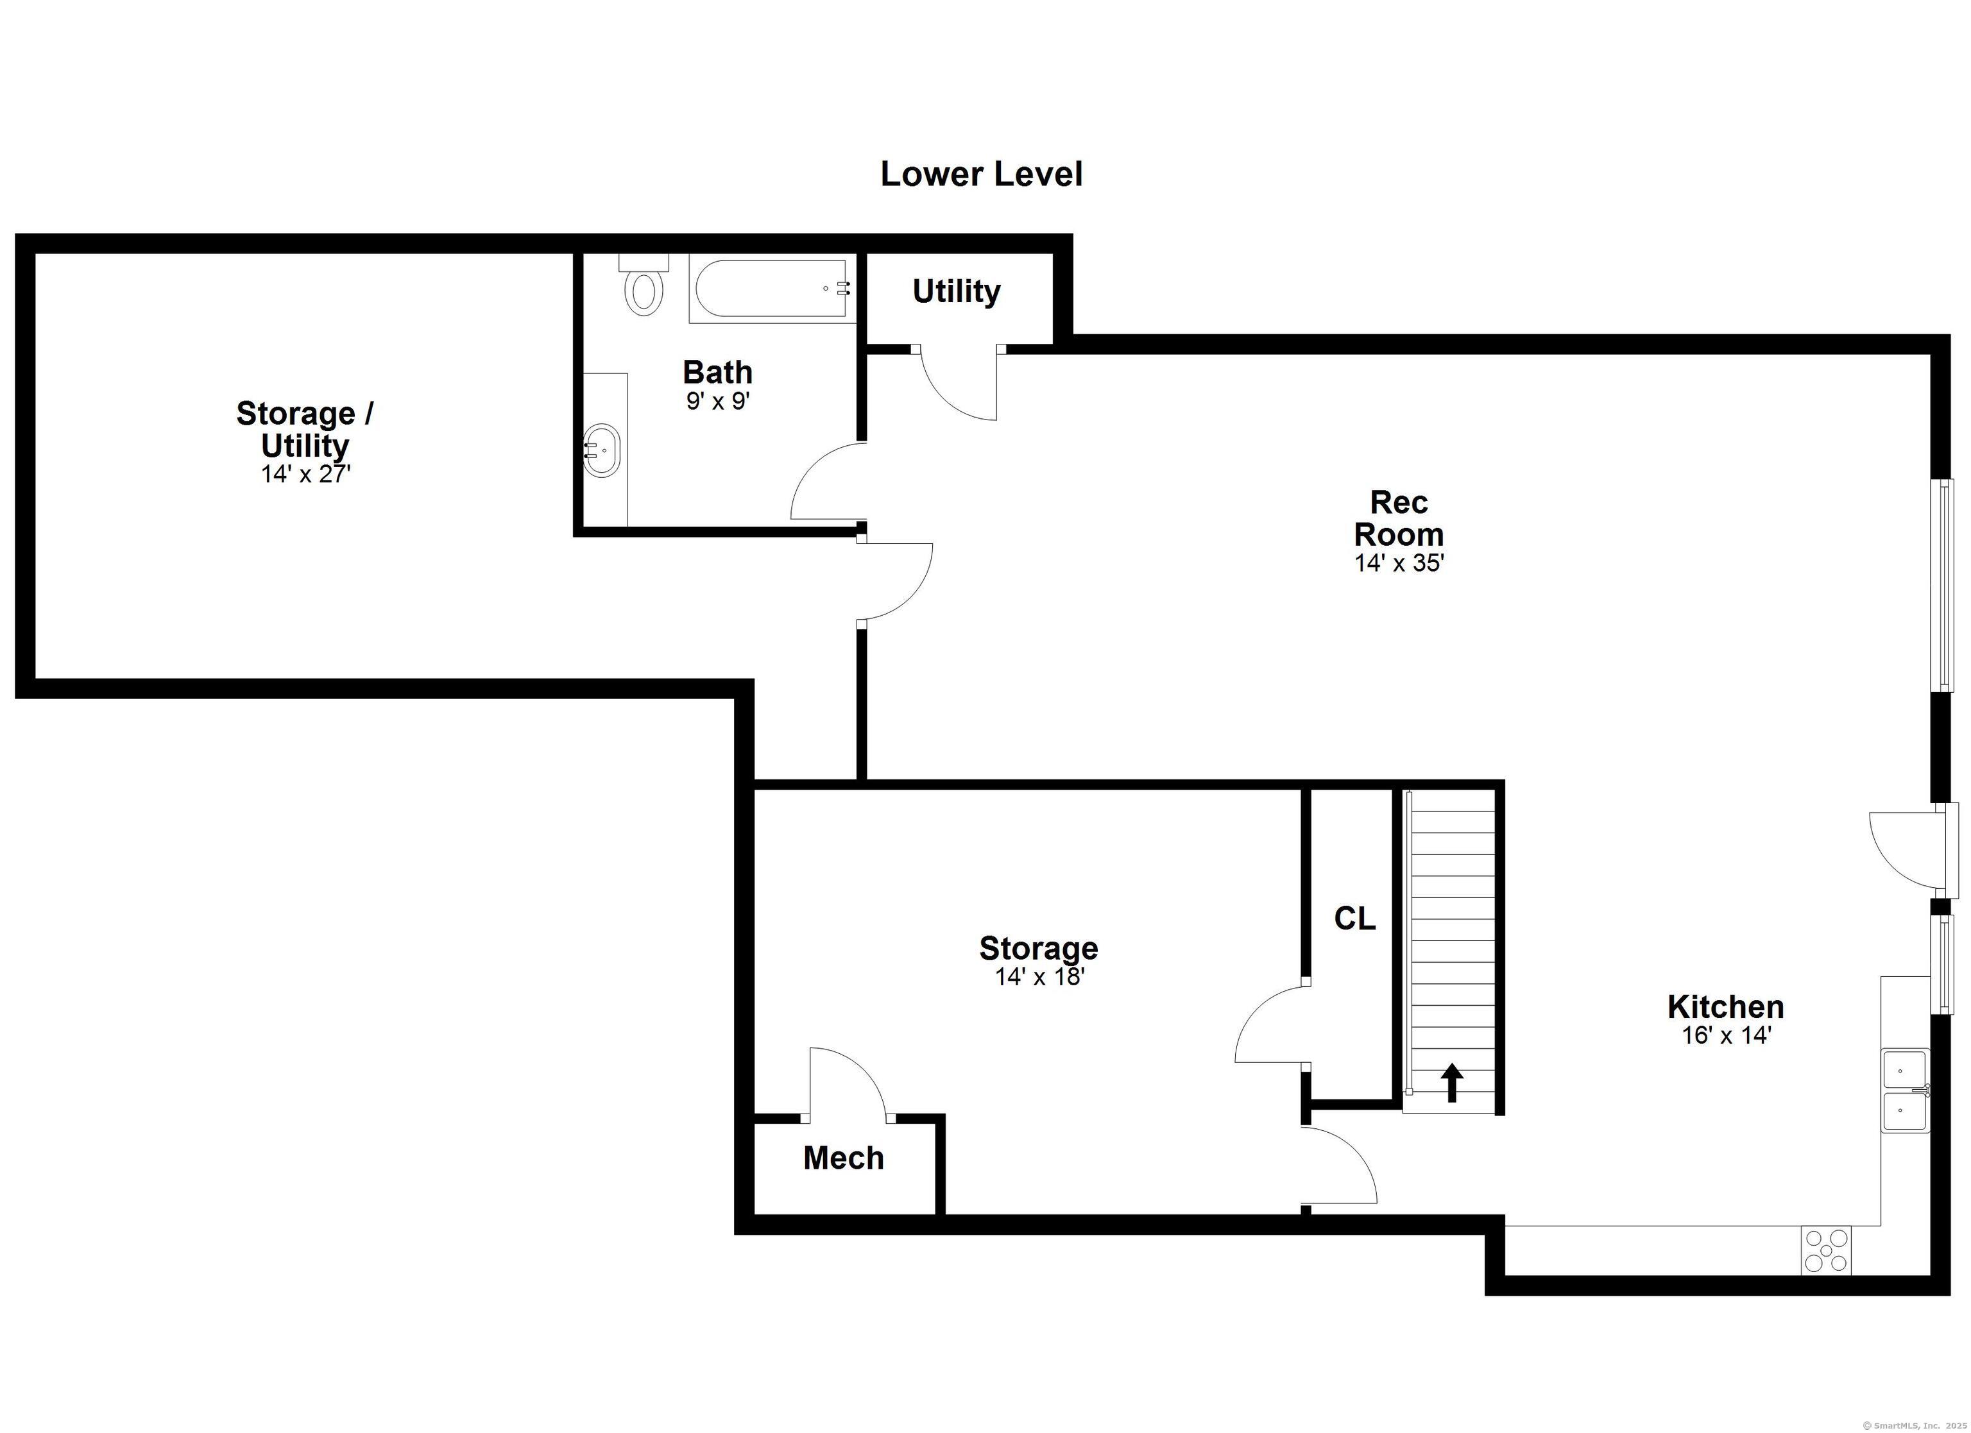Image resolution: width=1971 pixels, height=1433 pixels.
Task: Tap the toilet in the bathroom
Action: (x=643, y=284)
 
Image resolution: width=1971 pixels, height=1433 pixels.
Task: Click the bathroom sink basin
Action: (x=601, y=450)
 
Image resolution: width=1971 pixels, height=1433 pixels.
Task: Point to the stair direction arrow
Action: (x=1452, y=1083)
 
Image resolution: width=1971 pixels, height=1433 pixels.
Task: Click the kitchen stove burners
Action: (x=1826, y=1251)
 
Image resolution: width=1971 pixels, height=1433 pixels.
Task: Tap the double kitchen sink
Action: (x=1905, y=1090)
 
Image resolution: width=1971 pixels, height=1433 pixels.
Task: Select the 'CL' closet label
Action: (x=1355, y=919)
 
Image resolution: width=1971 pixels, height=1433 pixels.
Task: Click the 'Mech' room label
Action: (x=843, y=1158)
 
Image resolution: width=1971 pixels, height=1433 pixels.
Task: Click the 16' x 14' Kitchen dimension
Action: (x=1726, y=1035)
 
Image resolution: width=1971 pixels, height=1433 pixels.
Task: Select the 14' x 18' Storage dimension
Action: (x=1039, y=977)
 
